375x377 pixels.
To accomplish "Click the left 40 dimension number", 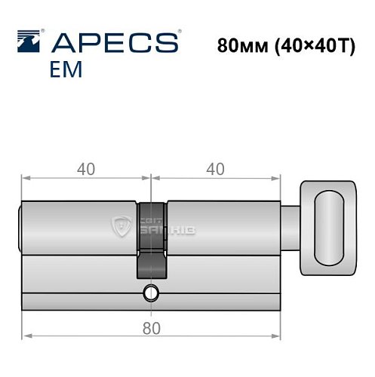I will click(85, 169).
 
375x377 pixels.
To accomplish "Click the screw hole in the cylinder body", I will click(152, 292).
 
